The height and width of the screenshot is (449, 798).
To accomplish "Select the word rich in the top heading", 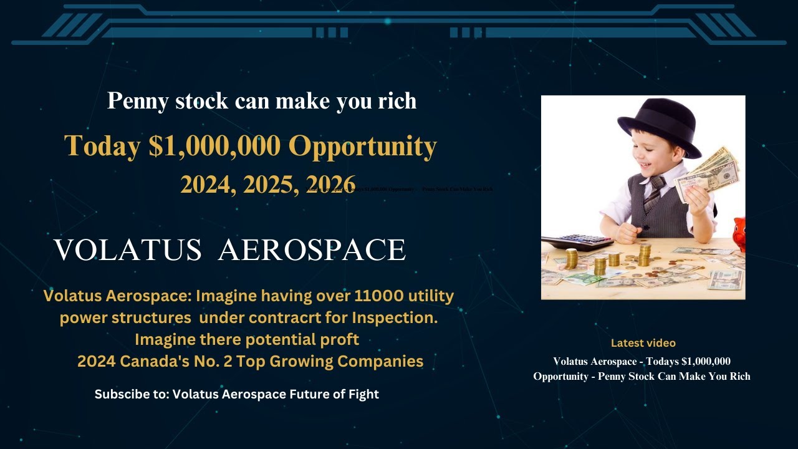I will point(397,101).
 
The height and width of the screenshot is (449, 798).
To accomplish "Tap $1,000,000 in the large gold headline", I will point(215,146).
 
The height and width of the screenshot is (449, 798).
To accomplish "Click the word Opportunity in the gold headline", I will point(362,146).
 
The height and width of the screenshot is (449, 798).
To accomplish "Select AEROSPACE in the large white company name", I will point(312,251).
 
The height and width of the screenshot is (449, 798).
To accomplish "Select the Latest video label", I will point(643,343).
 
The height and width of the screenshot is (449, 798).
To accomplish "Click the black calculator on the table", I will point(577,241).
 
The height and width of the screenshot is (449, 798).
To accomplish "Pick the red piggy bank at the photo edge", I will point(739,233).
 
